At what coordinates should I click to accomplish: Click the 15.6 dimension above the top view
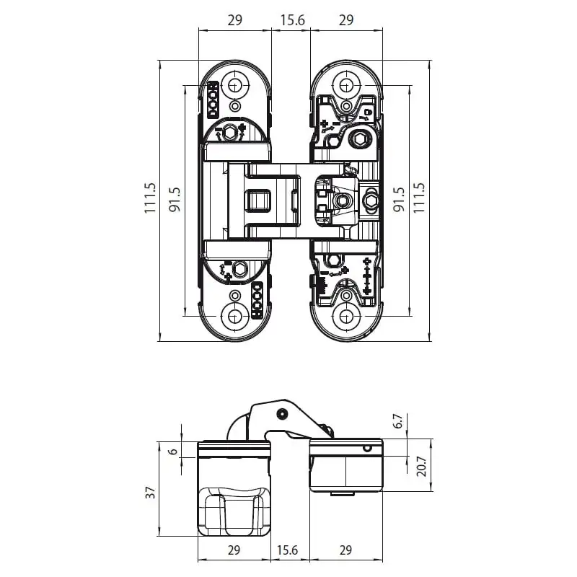[293, 20]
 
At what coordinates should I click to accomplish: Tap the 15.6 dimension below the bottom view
[287, 550]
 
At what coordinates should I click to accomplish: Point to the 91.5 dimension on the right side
[399, 200]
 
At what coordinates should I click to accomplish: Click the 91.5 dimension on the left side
[175, 200]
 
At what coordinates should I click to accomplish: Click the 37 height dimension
[150, 493]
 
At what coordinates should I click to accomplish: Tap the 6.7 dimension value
[398, 421]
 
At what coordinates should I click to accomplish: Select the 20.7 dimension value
[421, 466]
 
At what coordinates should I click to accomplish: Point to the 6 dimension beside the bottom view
[173, 452]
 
